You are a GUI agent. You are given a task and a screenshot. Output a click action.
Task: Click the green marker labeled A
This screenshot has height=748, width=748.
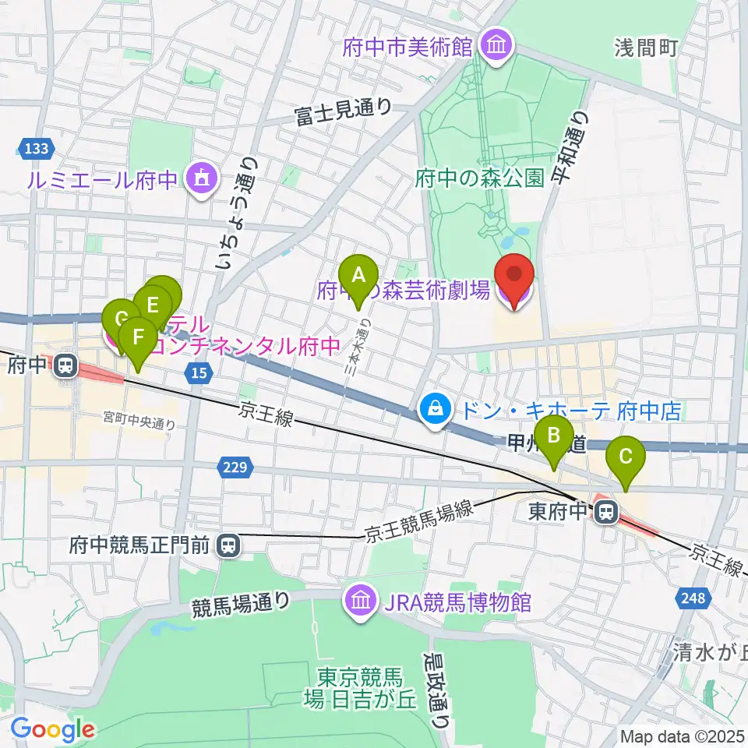pyautogui.click(x=359, y=277)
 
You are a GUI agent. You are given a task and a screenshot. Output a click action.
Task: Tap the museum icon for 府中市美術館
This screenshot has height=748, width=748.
pyautogui.click(x=496, y=46)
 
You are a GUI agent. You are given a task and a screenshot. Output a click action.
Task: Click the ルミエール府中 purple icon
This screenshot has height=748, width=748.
pyautogui.click(x=201, y=180)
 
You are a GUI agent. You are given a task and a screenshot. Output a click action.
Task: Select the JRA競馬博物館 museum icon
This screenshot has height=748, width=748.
pyautogui.click(x=360, y=602)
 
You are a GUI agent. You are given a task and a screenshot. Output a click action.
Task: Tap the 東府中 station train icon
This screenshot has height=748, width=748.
pyautogui.click(x=604, y=512)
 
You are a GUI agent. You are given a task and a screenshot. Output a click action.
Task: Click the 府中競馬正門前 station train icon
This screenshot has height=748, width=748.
pyautogui.click(x=228, y=545)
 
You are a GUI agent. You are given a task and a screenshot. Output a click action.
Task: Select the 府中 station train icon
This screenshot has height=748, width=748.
pyautogui.click(x=65, y=365)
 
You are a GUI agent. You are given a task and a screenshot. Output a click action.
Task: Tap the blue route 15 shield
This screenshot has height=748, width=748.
pyautogui.click(x=200, y=375)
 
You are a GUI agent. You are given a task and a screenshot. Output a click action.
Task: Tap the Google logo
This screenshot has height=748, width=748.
pyautogui.click(x=52, y=729)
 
